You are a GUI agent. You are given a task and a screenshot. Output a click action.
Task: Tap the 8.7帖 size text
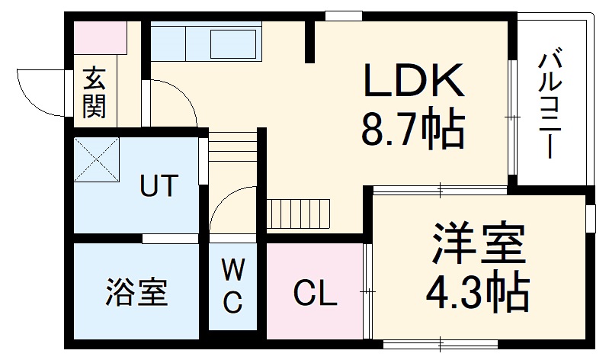tap(412, 130)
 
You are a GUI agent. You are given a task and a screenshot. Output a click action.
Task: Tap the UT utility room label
tap(159, 185)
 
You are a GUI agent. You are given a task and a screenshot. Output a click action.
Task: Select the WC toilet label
tap(233, 285)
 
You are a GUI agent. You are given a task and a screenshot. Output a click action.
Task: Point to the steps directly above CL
tap(300, 213)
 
